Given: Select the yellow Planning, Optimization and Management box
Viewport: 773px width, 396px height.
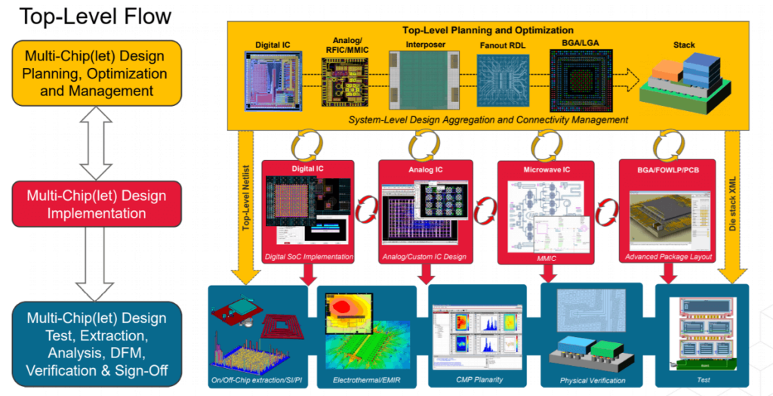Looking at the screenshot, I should tap(95, 73).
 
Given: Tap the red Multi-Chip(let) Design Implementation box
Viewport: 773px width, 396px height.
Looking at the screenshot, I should tap(95, 205).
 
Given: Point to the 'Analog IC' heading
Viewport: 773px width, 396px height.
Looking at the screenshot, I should tap(425, 169).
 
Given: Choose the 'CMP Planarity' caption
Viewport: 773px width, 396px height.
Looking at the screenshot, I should tap(479, 379).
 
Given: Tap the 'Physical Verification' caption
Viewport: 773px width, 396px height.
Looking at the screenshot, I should tap(593, 380).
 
